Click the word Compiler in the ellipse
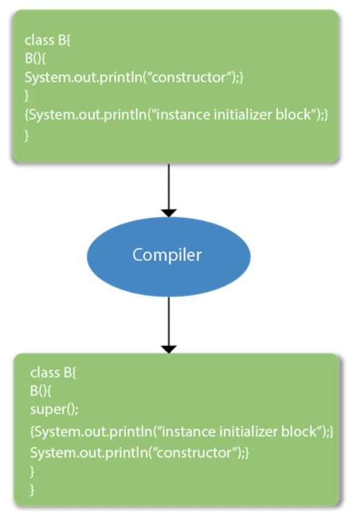coord(167,255)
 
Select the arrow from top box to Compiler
coord(169,191)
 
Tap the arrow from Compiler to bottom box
coord(169,325)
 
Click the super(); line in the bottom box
coord(54,410)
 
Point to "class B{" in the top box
coord(48,40)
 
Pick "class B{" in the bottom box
coord(53,373)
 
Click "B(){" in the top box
coord(36,59)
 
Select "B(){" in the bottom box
coord(41,391)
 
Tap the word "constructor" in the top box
coord(189,77)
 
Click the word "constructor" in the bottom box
coord(194,453)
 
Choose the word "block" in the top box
coord(293,115)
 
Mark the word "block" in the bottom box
coord(299,432)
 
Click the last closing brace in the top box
coord(27,135)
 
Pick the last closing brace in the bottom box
coord(32,490)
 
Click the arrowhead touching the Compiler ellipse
coord(169,213)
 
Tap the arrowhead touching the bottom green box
coord(169,349)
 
